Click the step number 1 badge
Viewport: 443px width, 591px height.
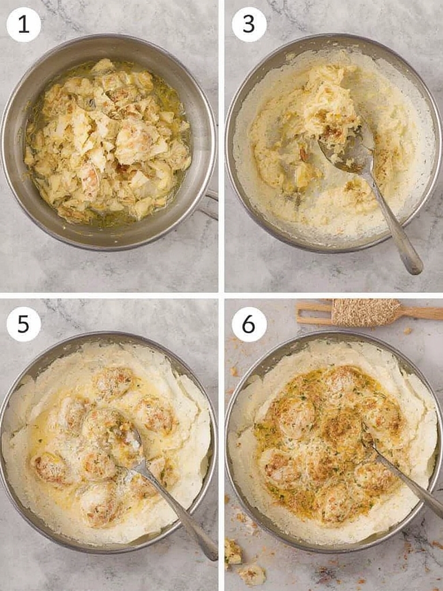coord(24,25)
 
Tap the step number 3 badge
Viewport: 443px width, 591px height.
coord(249,25)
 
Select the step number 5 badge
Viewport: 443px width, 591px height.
coord(24,324)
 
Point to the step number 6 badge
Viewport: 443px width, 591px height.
coord(249,324)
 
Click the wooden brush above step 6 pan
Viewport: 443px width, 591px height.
coord(369,312)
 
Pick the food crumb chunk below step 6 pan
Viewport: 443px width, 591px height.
coord(253,574)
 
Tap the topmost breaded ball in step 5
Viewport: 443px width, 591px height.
coord(113,381)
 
